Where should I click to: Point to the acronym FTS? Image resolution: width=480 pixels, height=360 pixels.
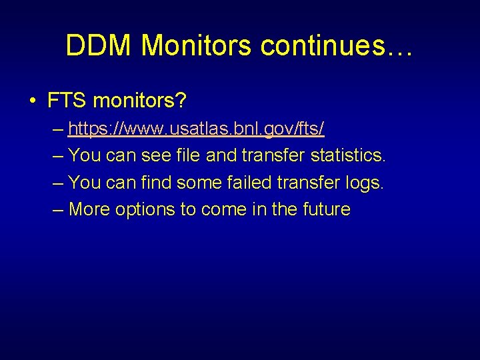click(x=67, y=101)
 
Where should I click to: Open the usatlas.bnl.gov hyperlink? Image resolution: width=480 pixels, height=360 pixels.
click(x=196, y=128)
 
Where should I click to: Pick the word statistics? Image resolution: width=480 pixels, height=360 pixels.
click(x=348, y=155)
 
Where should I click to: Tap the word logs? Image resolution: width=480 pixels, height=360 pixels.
click(x=365, y=182)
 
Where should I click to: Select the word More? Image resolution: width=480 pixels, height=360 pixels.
click(x=89, y=209)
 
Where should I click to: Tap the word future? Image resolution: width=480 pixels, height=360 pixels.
click(x=326, y=209)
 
